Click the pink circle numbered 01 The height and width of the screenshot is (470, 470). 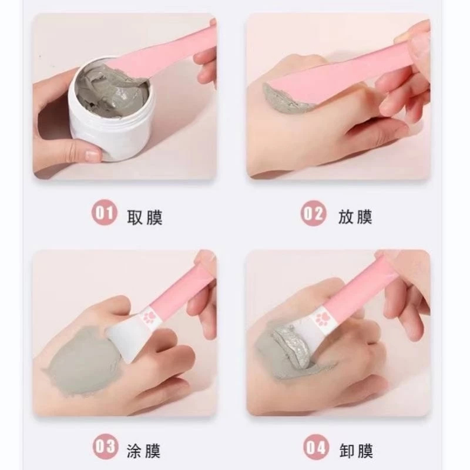click(x=105, y=213)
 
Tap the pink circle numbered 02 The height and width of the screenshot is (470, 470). click(x=313, y=213)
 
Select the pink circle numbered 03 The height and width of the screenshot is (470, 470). click(x=105, y=446)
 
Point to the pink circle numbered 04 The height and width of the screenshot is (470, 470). click(x=316, y=447)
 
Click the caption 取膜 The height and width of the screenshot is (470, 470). click(x=145, y=217)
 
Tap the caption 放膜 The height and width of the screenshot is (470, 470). click(x=355, y=216)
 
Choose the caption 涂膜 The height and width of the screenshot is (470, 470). click(x=143, y=451)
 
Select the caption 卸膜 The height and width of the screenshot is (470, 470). click(x=356, y=451)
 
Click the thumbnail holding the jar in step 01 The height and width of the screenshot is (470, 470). click(x=92, y=155)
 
